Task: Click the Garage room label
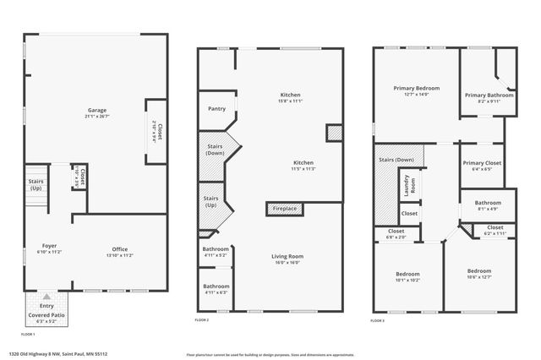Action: (x=97, y=111)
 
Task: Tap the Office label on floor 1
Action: (x=120, y=248)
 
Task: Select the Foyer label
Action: (x=48, y=247)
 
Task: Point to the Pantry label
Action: (x=216, y=108)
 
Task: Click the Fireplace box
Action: (x=283, y=207)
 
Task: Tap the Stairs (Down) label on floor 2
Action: (x=216, y=150)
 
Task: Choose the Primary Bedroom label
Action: (x=416, y=88)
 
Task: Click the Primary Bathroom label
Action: (x=489, y=95)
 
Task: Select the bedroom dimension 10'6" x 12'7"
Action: (x=479, y=277)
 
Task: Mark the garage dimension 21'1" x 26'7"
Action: (x=97, y=117)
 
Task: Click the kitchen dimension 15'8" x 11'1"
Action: (x=291, y=101)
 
